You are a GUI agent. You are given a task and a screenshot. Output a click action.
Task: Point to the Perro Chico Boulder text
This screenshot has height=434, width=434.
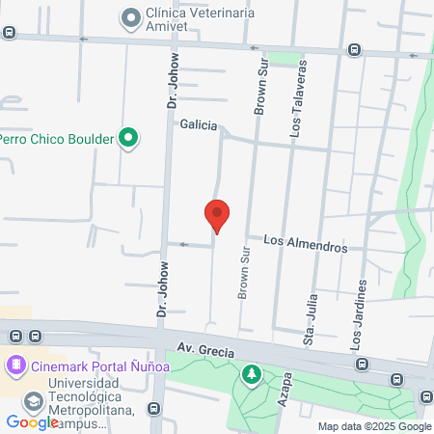click(58, 139)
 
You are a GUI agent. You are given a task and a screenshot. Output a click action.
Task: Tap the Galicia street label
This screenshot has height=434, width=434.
click(199, 125)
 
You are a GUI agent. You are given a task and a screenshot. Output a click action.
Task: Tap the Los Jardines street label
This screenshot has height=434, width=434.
click(359, 312)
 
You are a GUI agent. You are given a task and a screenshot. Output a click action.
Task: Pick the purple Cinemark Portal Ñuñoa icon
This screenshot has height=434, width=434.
click(15, 366)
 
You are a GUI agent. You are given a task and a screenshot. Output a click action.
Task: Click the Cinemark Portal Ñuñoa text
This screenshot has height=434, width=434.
click(101, 366)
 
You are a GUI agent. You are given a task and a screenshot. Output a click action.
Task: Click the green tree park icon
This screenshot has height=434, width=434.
click(252, 373)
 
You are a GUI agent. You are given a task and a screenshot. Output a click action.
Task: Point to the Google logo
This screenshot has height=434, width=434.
click(32, 422)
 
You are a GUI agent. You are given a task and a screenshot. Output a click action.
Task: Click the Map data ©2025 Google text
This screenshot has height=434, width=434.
click(375, 426)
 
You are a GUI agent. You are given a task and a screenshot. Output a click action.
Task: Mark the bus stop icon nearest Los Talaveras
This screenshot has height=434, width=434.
click(355, 50)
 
